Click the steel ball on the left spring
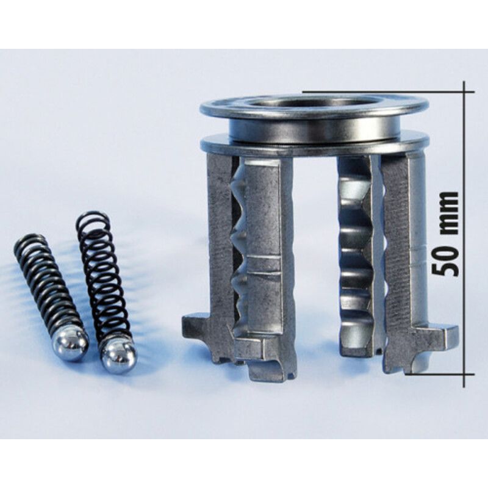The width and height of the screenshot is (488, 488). (71, 345)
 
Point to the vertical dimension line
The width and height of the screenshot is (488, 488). (464, 234)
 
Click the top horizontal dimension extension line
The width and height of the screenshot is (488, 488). (389, 92)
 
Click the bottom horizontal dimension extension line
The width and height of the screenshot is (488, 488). (440, 374)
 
